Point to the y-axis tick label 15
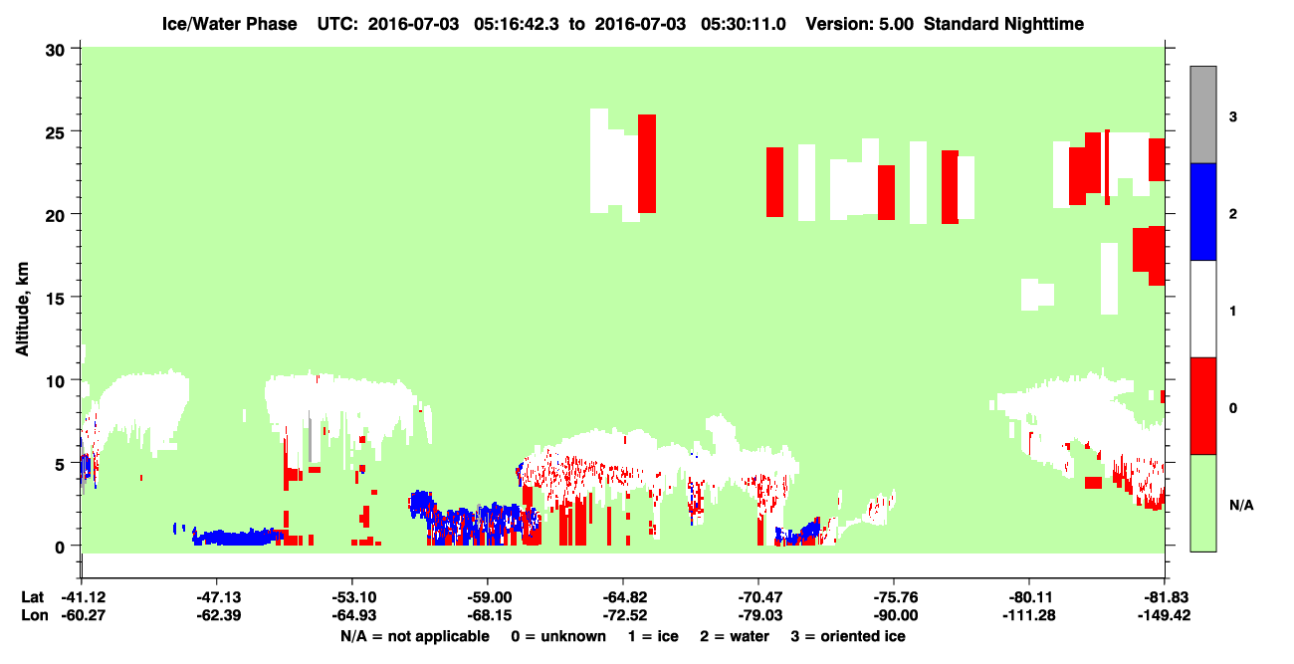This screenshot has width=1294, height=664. [x=55, y=299]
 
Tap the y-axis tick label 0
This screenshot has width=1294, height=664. [x=60, y=548]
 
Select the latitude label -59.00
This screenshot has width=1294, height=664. [x=487, y=597]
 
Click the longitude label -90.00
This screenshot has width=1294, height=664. [x=895, y=615]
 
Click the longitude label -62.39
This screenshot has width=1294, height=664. [x=218, y=615]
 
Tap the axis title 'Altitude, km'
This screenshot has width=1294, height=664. [x=22, y=309]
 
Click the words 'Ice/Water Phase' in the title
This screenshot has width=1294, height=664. [x=229, y=24]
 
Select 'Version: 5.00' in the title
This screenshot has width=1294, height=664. [x=860, y=24]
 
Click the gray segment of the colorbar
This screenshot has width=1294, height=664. [x=1202, y=114]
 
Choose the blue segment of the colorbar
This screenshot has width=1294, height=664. [x=1202, y=211]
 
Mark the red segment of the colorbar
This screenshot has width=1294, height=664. [x=1202, y=406]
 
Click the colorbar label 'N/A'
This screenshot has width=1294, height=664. [x=1241, y=506]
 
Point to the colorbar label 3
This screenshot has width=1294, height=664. [x=1232, y=117]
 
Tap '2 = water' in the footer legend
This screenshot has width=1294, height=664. [x=735, y=636]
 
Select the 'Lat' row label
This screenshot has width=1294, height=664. [x=32, y=597]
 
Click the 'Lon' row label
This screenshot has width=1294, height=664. [x=35, y=615]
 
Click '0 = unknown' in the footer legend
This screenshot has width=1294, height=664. [x=558, y=636]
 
